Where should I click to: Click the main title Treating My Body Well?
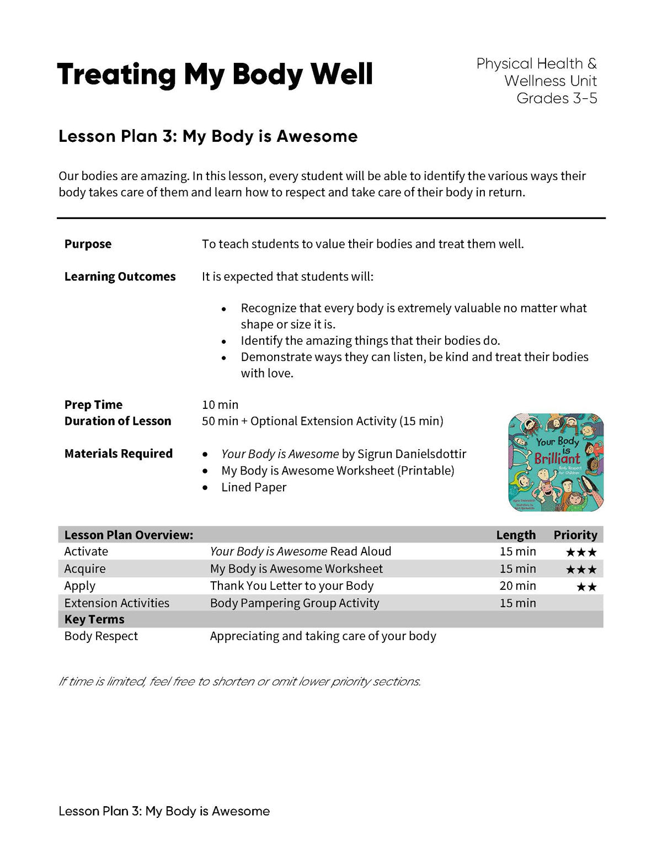(x=215, y=74)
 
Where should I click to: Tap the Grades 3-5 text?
(x=556, y=98)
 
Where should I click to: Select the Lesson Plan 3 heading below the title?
(x=208, y=136)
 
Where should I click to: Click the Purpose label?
(x=88, y=244)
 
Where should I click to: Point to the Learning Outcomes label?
(x=120, y=276)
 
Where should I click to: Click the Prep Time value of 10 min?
(x=220, y=404)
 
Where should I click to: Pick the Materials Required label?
(x=118, y=454)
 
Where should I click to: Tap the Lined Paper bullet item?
(x=254, y=487)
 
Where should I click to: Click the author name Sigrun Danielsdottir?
(x=412, y=454)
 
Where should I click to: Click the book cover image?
(x=556, y=462)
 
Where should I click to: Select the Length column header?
(x=515, y=535)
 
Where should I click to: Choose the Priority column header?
(x=575, y=535)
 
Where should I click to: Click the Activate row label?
(x=86, y=551)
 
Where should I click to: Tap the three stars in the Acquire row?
(x=581, y=569)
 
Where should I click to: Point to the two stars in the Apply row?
(x=586, y=587)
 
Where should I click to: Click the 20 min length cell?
(x=517, y=585)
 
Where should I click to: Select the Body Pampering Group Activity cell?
(x=295, y=603)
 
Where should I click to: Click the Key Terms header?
(x=94, y=619)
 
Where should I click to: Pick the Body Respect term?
(x=101, y=636)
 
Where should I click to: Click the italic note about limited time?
(x=239, y=682)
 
